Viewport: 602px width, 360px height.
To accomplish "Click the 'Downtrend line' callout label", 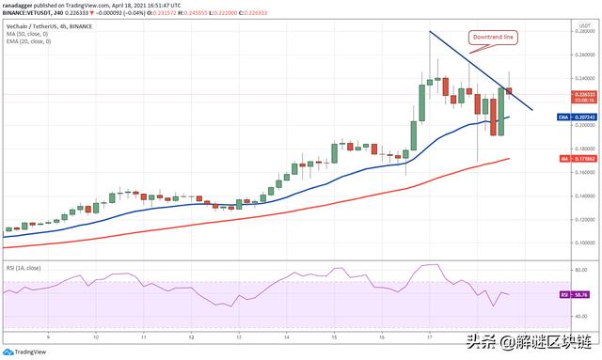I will (494, 38).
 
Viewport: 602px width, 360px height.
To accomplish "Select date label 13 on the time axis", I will (239, 336).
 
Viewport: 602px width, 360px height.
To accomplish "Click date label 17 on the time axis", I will (430, 336).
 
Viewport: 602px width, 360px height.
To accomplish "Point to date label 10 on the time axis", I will (96, 336).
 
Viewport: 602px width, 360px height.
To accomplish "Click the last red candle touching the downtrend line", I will (510, 91).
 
